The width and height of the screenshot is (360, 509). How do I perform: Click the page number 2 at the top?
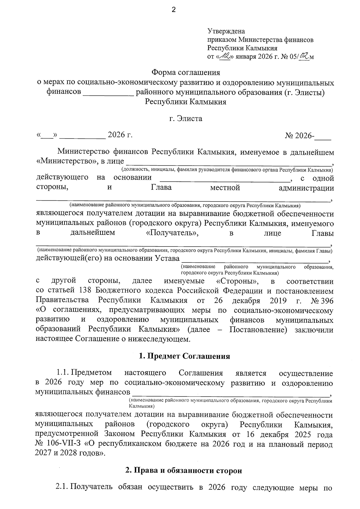tap(173, 10)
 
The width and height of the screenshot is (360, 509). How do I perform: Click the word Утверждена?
tap(226, 31)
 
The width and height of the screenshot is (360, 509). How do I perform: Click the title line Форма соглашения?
tap(186, 72)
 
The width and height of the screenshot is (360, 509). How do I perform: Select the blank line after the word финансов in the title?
tap(108, 92)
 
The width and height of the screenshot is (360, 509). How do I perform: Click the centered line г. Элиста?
tap(186, 118)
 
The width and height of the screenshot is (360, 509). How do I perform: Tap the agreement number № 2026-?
tap(300, 135)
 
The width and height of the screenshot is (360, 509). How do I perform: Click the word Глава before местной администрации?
tap(161, 188)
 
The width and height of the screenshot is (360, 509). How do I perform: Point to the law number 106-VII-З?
tap(64, 444)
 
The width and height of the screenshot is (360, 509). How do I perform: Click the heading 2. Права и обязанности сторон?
tap(183, 471)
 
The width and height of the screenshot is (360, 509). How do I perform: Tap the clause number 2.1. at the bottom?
tap(62, 488)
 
